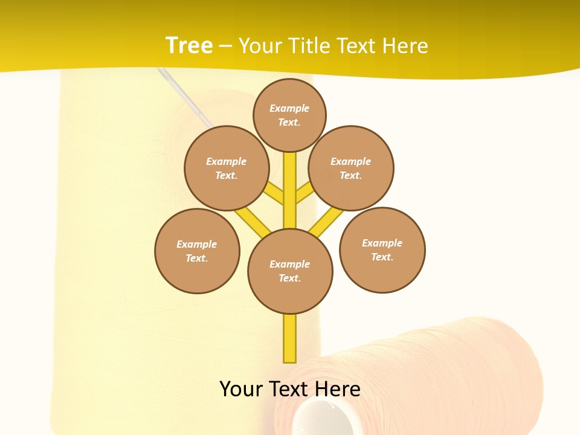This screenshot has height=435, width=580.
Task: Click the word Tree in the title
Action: (x=188, y=45)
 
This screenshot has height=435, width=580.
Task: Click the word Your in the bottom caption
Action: (x=242, y=388)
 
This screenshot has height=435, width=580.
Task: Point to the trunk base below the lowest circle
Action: (x=290, y=338)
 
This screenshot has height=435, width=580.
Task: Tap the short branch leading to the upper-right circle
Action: (x=305, y=193)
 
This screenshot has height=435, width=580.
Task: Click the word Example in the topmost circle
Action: (x=289, y=108)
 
